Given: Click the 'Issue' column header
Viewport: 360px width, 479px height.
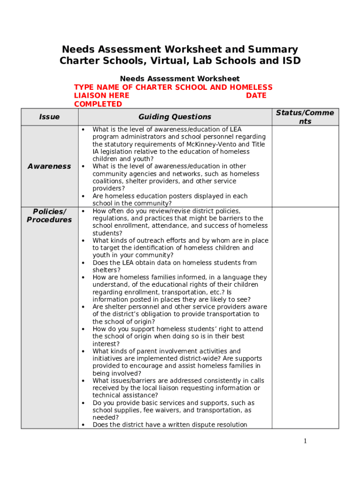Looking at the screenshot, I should coord(49,117).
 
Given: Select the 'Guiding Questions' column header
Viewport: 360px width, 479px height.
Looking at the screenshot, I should coord(174,117).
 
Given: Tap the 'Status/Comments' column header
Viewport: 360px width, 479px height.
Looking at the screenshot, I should coord(305,117).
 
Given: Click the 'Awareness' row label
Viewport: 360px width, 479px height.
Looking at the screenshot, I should coord(49,166).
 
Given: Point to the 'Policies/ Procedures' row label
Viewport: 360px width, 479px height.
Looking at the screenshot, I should coord(49,216).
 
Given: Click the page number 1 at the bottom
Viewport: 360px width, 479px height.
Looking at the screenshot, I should coord(305,441).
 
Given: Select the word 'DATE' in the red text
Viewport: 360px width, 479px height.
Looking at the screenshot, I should coord(256,95).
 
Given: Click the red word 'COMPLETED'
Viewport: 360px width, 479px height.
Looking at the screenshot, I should coord(98,104).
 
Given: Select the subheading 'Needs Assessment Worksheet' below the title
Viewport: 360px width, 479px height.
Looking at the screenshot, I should coord(180,79).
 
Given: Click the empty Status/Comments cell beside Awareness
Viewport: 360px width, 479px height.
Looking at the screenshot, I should coord(305,166).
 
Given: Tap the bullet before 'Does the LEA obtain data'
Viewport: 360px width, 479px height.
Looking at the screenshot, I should coord(83,263).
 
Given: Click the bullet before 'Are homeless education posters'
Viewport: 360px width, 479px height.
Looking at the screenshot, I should coord(83,196).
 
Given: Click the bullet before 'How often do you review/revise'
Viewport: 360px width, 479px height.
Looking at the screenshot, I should coord(83,211).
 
